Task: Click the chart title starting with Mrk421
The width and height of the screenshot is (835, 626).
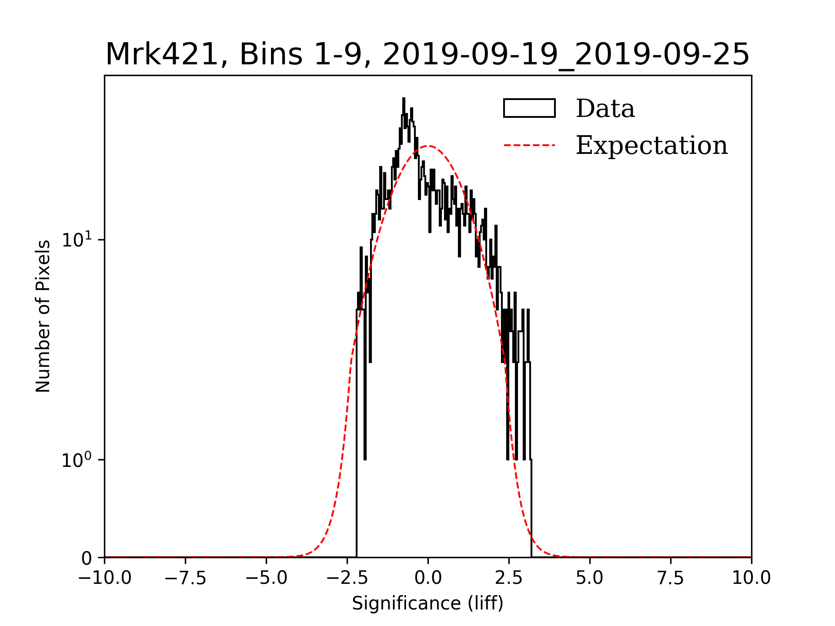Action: click(428, 55)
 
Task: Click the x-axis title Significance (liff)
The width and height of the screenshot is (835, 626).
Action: click(428, 603)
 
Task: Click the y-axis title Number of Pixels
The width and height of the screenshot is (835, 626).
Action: click(43, 316)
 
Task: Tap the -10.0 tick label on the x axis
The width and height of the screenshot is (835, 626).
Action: click(104, 578)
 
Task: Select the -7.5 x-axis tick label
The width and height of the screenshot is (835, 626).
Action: click(185, 578)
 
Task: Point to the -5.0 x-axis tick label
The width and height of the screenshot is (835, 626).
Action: click(266, 578)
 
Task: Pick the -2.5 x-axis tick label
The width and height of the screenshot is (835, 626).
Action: click(347, 578)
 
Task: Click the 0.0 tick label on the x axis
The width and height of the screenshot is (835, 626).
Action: click(428, 578)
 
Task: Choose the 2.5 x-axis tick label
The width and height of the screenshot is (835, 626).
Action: click(509, 578)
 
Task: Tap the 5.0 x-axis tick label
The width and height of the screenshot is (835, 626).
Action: click(590, 578)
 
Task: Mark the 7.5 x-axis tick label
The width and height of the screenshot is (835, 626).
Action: click(671, 578)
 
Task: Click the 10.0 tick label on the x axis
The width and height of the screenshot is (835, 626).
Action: click(751, 578)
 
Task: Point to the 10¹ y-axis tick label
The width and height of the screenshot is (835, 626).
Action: click(77, 240)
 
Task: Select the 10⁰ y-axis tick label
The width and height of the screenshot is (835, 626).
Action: click(77, 460)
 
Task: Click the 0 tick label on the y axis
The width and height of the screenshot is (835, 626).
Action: click(87, 558)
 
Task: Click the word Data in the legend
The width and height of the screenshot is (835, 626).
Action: click(605, 108)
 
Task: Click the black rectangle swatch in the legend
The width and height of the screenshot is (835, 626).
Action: click(529, 108)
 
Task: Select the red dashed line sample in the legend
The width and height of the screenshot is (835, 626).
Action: click(529, 145)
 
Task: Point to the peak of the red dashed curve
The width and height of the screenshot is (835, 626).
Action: click(428, 146)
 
